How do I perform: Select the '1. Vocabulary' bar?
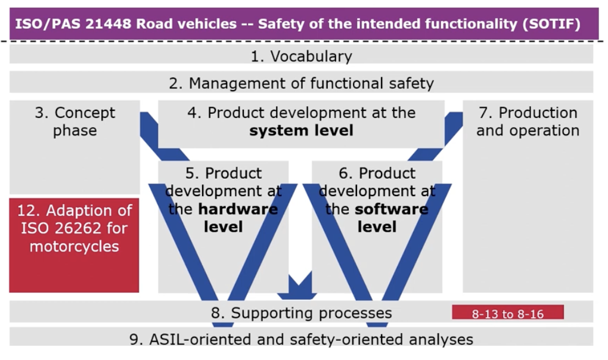pyautogui.click(x=301, y=57)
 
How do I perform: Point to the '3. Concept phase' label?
pyautogui.click(x=75, y=122)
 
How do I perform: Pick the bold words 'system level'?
pyautogui.click(x=301, y=131)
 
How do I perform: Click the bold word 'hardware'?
pyautogui.click(x=238, y=209)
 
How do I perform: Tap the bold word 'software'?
pyautogui.click(x=392, y=209)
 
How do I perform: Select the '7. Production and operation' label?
pyautogui.click(x=528, y=122)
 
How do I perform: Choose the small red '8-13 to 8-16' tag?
pyautogui.click(x=508, y=314)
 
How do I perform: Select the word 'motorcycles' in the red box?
pyautogui.click(x=74, y=246)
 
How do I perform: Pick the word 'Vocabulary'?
pyautogui.click(x=311, y=57)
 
